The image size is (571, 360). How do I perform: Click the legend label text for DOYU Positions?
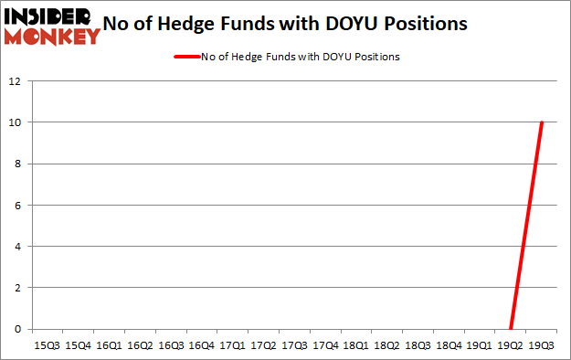click(301, 57)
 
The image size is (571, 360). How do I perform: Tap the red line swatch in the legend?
click(186, 57)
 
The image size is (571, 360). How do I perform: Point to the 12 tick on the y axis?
click(14, 81)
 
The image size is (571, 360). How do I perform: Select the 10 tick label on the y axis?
click(14, 122)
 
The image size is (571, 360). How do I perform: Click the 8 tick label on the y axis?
click(16, 164)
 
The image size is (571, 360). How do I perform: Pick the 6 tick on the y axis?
click(16, 206)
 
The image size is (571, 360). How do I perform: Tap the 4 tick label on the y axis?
click(16, 247)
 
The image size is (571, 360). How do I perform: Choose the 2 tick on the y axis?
click(16, 288)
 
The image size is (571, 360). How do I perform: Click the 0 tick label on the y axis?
click(16, 329)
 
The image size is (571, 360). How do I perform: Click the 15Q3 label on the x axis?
click(47, 345)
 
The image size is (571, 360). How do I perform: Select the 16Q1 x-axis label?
click(109, 345)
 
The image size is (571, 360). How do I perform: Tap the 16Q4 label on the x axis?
click(201, 345)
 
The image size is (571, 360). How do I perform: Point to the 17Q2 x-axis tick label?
click(263, 345)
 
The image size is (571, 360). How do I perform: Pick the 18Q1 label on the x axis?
click(355, 345)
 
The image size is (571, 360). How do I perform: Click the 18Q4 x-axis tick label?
click(449, 345)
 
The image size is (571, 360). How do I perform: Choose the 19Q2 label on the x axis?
click(510, 345)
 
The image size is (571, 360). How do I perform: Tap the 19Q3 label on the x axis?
click(541, 345)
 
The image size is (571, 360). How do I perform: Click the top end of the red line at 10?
click(541, 123)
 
